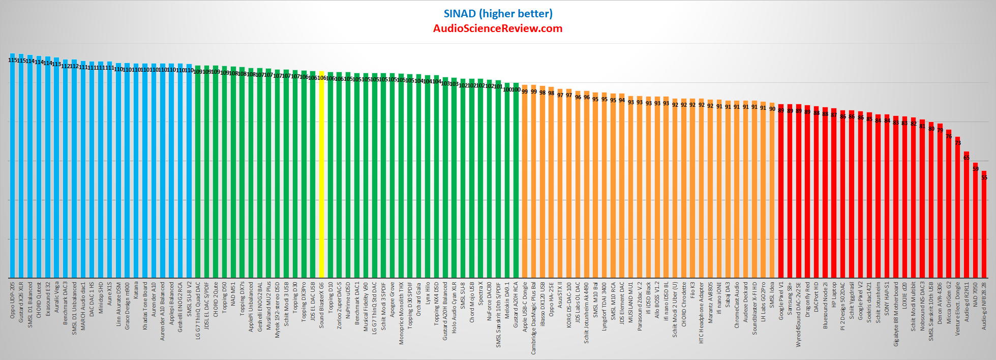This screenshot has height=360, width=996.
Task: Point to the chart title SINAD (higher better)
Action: tap(498, 14)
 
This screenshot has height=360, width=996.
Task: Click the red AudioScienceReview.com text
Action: tap(498, 28)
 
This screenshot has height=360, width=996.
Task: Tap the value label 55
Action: tap(984, 177)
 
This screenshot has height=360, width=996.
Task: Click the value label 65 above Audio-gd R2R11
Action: tap(967, 158)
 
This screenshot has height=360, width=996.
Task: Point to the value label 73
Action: tap(958, 143)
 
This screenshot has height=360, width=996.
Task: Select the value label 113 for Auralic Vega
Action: tap(56, 65)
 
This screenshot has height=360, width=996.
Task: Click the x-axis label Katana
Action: tap(136, 290)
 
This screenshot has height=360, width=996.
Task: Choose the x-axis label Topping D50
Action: tap(224, 297)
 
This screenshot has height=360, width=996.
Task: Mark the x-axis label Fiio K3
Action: tap(692, 290)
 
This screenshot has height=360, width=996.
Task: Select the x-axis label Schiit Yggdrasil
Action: tap(852, 300)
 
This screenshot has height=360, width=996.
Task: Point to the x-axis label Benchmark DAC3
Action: tap(65, 303)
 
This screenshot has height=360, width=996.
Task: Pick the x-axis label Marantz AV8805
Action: tap(710, 303)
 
